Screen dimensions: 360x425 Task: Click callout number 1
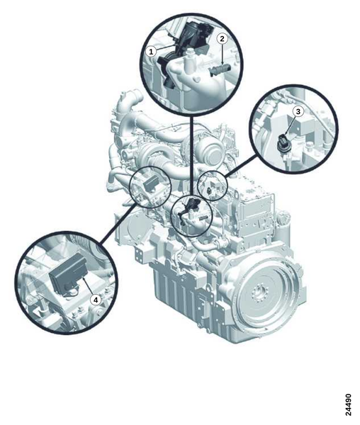pyautogui.click(x=151, y=51)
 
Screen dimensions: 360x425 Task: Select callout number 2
pyautogui.click(x=222, y=39)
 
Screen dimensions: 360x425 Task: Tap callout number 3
pyautogui.click(x=298, y=111)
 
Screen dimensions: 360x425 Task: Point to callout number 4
pyautogui.click(x=95, y=300)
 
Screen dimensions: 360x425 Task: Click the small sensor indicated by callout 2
pyautogui.click(x=220, y=70)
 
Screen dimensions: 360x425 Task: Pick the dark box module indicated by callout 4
pyautogui.click(x=68, y=273)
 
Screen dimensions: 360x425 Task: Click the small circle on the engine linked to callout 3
pyautogui.click(x=213, y=186)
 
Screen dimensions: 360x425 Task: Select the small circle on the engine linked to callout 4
pyautogui.click(x=150, y=187)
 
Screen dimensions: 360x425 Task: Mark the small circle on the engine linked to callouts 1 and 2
pyautogui.click(x=192, y=216)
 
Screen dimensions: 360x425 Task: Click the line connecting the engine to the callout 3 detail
pyautogui.click(x=241, y=165)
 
